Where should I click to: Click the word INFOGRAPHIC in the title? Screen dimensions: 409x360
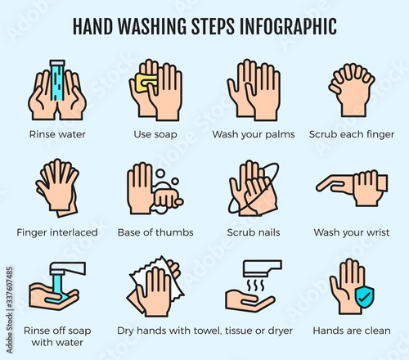click(288, 26)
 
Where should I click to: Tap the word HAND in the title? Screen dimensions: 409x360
click(92, 26)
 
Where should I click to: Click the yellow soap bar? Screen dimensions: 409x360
click(146, 83)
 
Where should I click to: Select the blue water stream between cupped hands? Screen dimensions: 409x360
click(57, 81)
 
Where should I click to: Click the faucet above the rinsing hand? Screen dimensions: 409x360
click(68, 268)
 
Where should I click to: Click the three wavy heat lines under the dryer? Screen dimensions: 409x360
click(255, 286)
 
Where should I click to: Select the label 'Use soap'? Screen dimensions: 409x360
click(155, 134)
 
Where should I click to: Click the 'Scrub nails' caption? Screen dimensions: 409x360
click(254, 232)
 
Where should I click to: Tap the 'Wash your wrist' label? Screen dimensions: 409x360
click(352, 232)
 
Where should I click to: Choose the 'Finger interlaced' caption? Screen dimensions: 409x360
click(57, 232)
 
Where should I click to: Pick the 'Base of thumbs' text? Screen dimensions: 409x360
click(155, 232)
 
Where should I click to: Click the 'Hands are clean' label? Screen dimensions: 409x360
click(352, 331)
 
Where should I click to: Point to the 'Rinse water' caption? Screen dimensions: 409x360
click(57, 134)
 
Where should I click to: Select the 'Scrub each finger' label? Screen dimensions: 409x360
click(352, 134)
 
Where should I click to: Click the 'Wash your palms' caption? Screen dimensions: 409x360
click(254, 134)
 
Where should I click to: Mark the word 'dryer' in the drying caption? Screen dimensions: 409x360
click(280, 331)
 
